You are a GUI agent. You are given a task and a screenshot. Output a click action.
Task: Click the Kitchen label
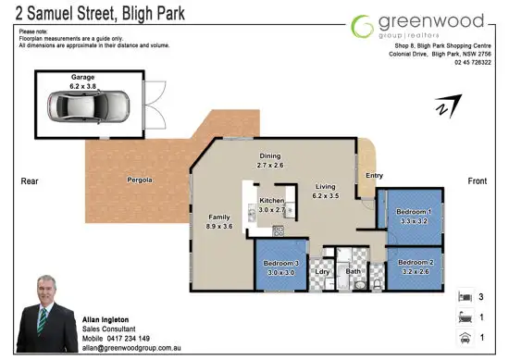pos(270,201)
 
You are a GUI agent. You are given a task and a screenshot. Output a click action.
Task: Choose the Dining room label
pos(271,156)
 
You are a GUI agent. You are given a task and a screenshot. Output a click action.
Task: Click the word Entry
pos(374,175)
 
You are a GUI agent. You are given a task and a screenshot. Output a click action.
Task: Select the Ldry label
pos(323,271)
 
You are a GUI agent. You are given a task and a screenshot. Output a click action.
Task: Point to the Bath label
pos(352,271)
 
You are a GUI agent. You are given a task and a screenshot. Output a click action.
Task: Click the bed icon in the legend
pos(463,298)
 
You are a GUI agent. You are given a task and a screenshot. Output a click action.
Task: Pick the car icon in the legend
pos(463,338)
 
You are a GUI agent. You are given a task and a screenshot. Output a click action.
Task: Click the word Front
pos(478,180)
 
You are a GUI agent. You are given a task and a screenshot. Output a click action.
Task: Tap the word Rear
pos(28,181)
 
